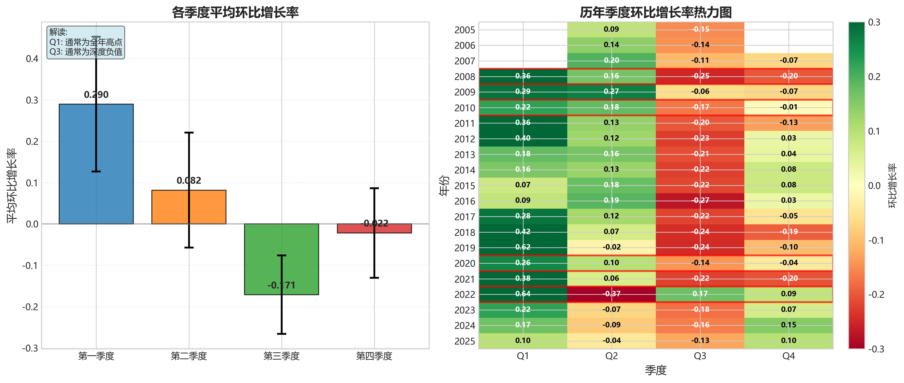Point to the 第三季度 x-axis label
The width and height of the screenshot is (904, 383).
281,356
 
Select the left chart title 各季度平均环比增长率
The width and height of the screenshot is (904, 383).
235,12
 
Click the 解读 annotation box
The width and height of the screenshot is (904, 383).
86,42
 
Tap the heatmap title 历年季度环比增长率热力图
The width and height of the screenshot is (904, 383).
656,12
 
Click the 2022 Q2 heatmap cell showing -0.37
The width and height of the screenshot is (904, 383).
611,294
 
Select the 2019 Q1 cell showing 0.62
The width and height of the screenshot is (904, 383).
523,247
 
